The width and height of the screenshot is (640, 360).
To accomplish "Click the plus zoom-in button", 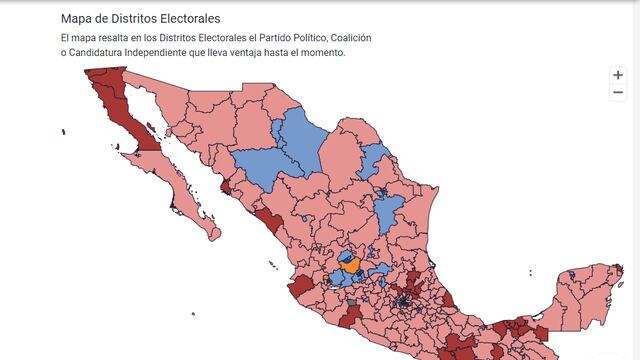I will pyautogui.click(x=618, y=75).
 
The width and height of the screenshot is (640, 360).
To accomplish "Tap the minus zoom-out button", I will pyautogui.click(x=618, y=92).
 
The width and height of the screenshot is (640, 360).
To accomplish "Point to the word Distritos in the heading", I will pyautogui.click(x=136, y=19).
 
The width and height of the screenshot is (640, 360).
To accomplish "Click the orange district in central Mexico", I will pyautogui.click(x=352, y=265).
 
